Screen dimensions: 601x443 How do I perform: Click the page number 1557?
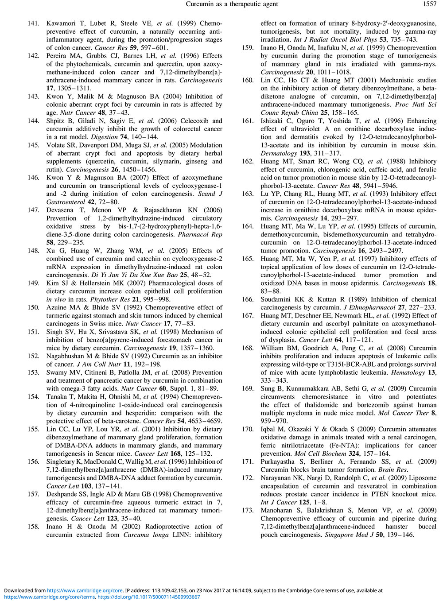coord(429,4)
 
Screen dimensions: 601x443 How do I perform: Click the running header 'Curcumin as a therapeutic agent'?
coord(232,4)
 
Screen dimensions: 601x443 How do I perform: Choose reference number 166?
coord(248,299)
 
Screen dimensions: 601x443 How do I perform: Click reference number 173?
coord(248,510)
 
